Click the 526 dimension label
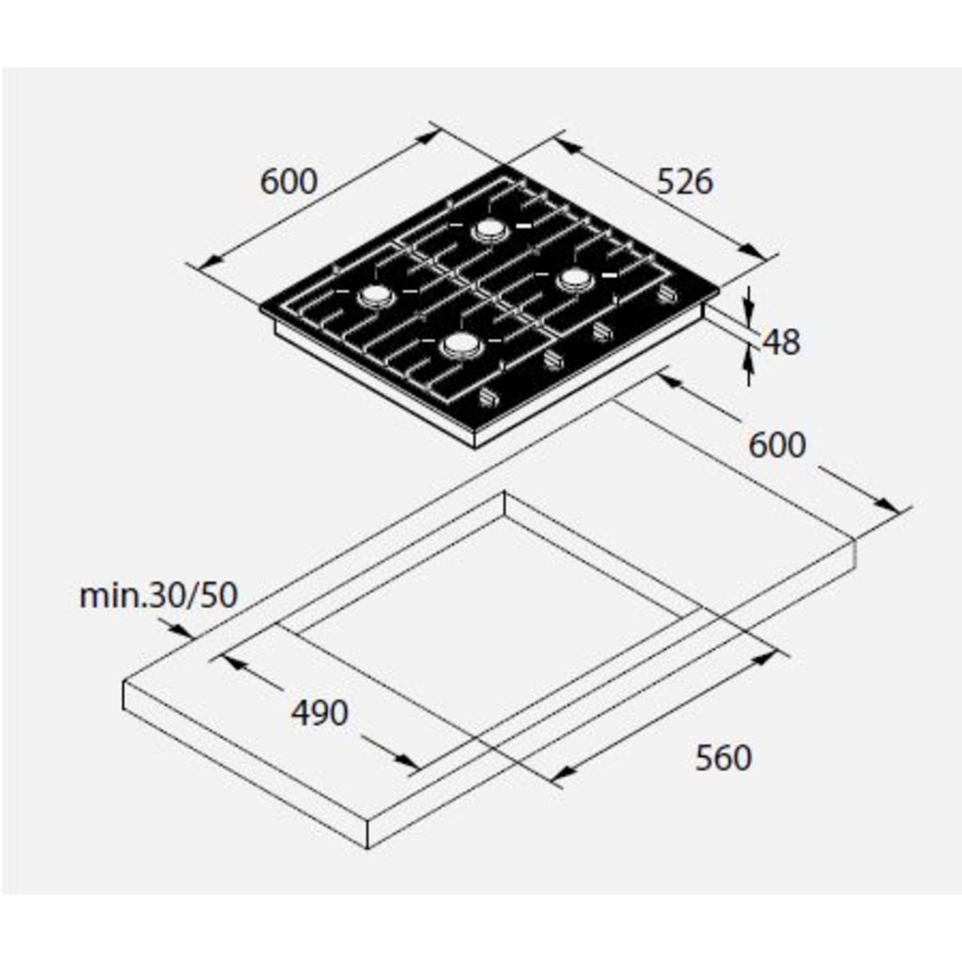[685, 182]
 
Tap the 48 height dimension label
[781, 342]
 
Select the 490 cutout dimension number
[319, 713]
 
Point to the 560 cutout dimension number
[723, 758]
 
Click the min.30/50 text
[159, 595]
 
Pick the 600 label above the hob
[289, 182]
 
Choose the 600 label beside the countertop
[777, 445]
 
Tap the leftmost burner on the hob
[375, 297]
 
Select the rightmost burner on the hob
[575, 280]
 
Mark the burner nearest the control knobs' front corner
[461, 345]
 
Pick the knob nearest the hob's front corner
[489, 399]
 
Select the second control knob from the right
[603, 332]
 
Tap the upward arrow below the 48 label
[748, 364]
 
